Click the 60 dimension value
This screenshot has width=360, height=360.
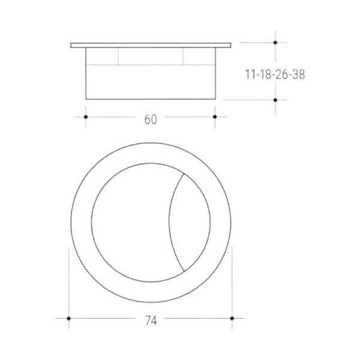[151, 119]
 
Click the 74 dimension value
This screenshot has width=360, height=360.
[151, 321]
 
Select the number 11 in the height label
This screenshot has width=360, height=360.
[250, 74]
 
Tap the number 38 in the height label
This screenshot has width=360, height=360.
[298, 74]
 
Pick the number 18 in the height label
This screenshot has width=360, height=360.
[265, 74]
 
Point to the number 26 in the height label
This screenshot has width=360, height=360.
[282, 74]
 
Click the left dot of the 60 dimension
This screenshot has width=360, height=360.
[86, 117]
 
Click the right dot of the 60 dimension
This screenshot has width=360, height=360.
[215, 117]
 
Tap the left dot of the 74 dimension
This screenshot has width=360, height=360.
[68, 319]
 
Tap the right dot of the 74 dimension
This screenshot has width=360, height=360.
[232, 319]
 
